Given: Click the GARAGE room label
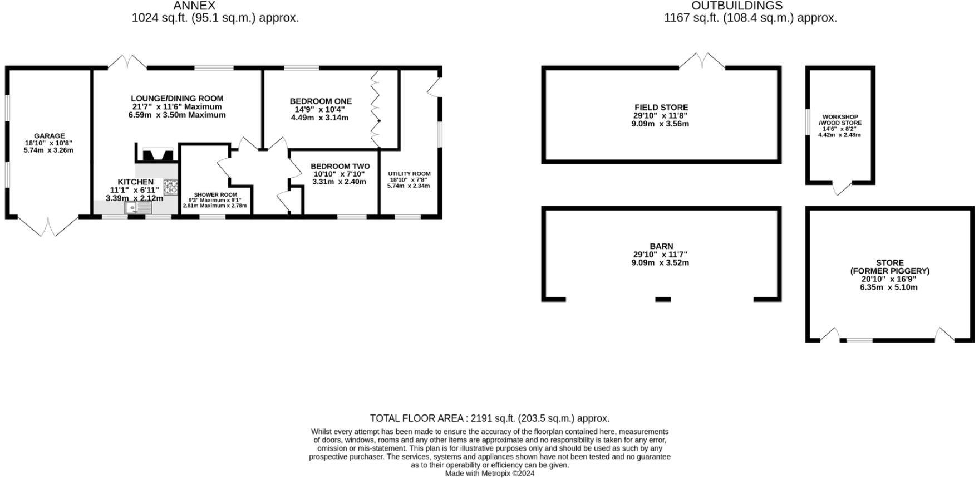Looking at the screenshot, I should pos(49,136).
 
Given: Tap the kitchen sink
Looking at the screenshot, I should pos(138,208).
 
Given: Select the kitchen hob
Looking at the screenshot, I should pos(170,187).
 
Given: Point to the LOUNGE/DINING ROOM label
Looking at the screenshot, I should pos(177,99).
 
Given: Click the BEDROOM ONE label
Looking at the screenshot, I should pos(321,101).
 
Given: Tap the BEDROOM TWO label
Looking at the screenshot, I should pos(340,167).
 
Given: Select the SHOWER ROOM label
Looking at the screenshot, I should pos(215,195).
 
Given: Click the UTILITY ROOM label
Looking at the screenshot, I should pos(409,174).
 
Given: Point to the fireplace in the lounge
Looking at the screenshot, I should pos(156,154).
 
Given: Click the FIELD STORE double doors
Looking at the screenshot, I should pos(702,61).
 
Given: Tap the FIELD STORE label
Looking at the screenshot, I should pos(661,108).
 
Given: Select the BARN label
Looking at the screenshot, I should pos(661,246).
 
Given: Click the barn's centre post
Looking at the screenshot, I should pos(663,300).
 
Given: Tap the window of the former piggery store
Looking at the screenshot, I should pos(859,340).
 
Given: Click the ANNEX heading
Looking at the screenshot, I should pos(194,6).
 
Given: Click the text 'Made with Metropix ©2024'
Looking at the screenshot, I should pos(490,474).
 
